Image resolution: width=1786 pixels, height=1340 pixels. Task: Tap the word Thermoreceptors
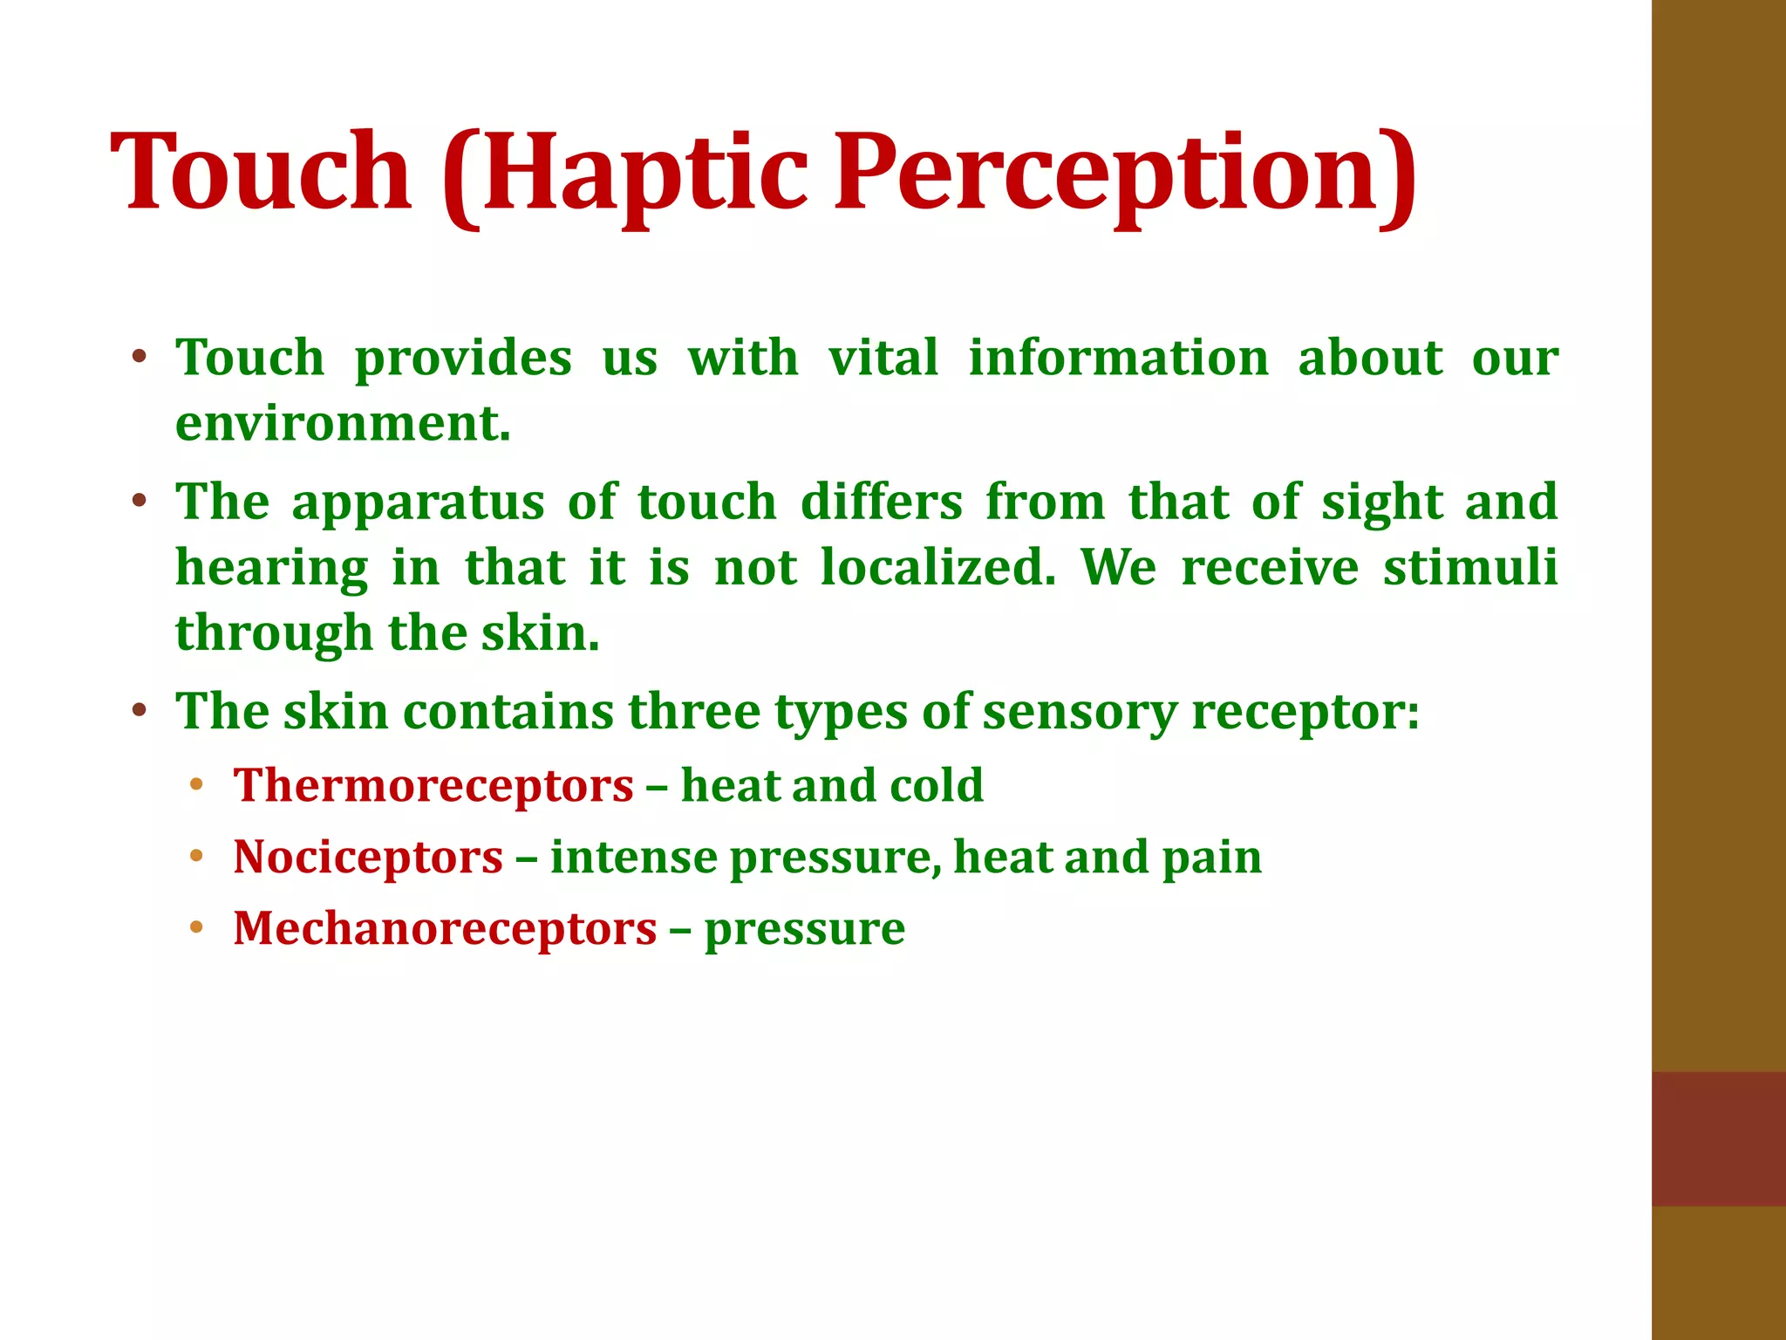433,785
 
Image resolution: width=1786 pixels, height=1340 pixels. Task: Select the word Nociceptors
368,857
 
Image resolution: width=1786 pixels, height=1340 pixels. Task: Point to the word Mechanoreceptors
445,928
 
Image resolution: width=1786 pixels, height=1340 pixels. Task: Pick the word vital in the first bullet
883,358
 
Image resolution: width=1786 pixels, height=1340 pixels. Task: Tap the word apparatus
419,502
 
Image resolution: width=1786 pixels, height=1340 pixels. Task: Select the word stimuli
1470,567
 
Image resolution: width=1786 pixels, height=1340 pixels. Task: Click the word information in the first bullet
1119,358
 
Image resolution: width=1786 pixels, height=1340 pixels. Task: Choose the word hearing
272,569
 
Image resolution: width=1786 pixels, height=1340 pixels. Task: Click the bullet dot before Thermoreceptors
196,784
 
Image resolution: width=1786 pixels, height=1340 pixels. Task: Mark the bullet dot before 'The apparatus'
139,502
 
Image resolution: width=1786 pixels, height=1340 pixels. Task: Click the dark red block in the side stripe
1718,1138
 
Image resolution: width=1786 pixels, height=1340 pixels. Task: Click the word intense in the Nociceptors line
633,857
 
